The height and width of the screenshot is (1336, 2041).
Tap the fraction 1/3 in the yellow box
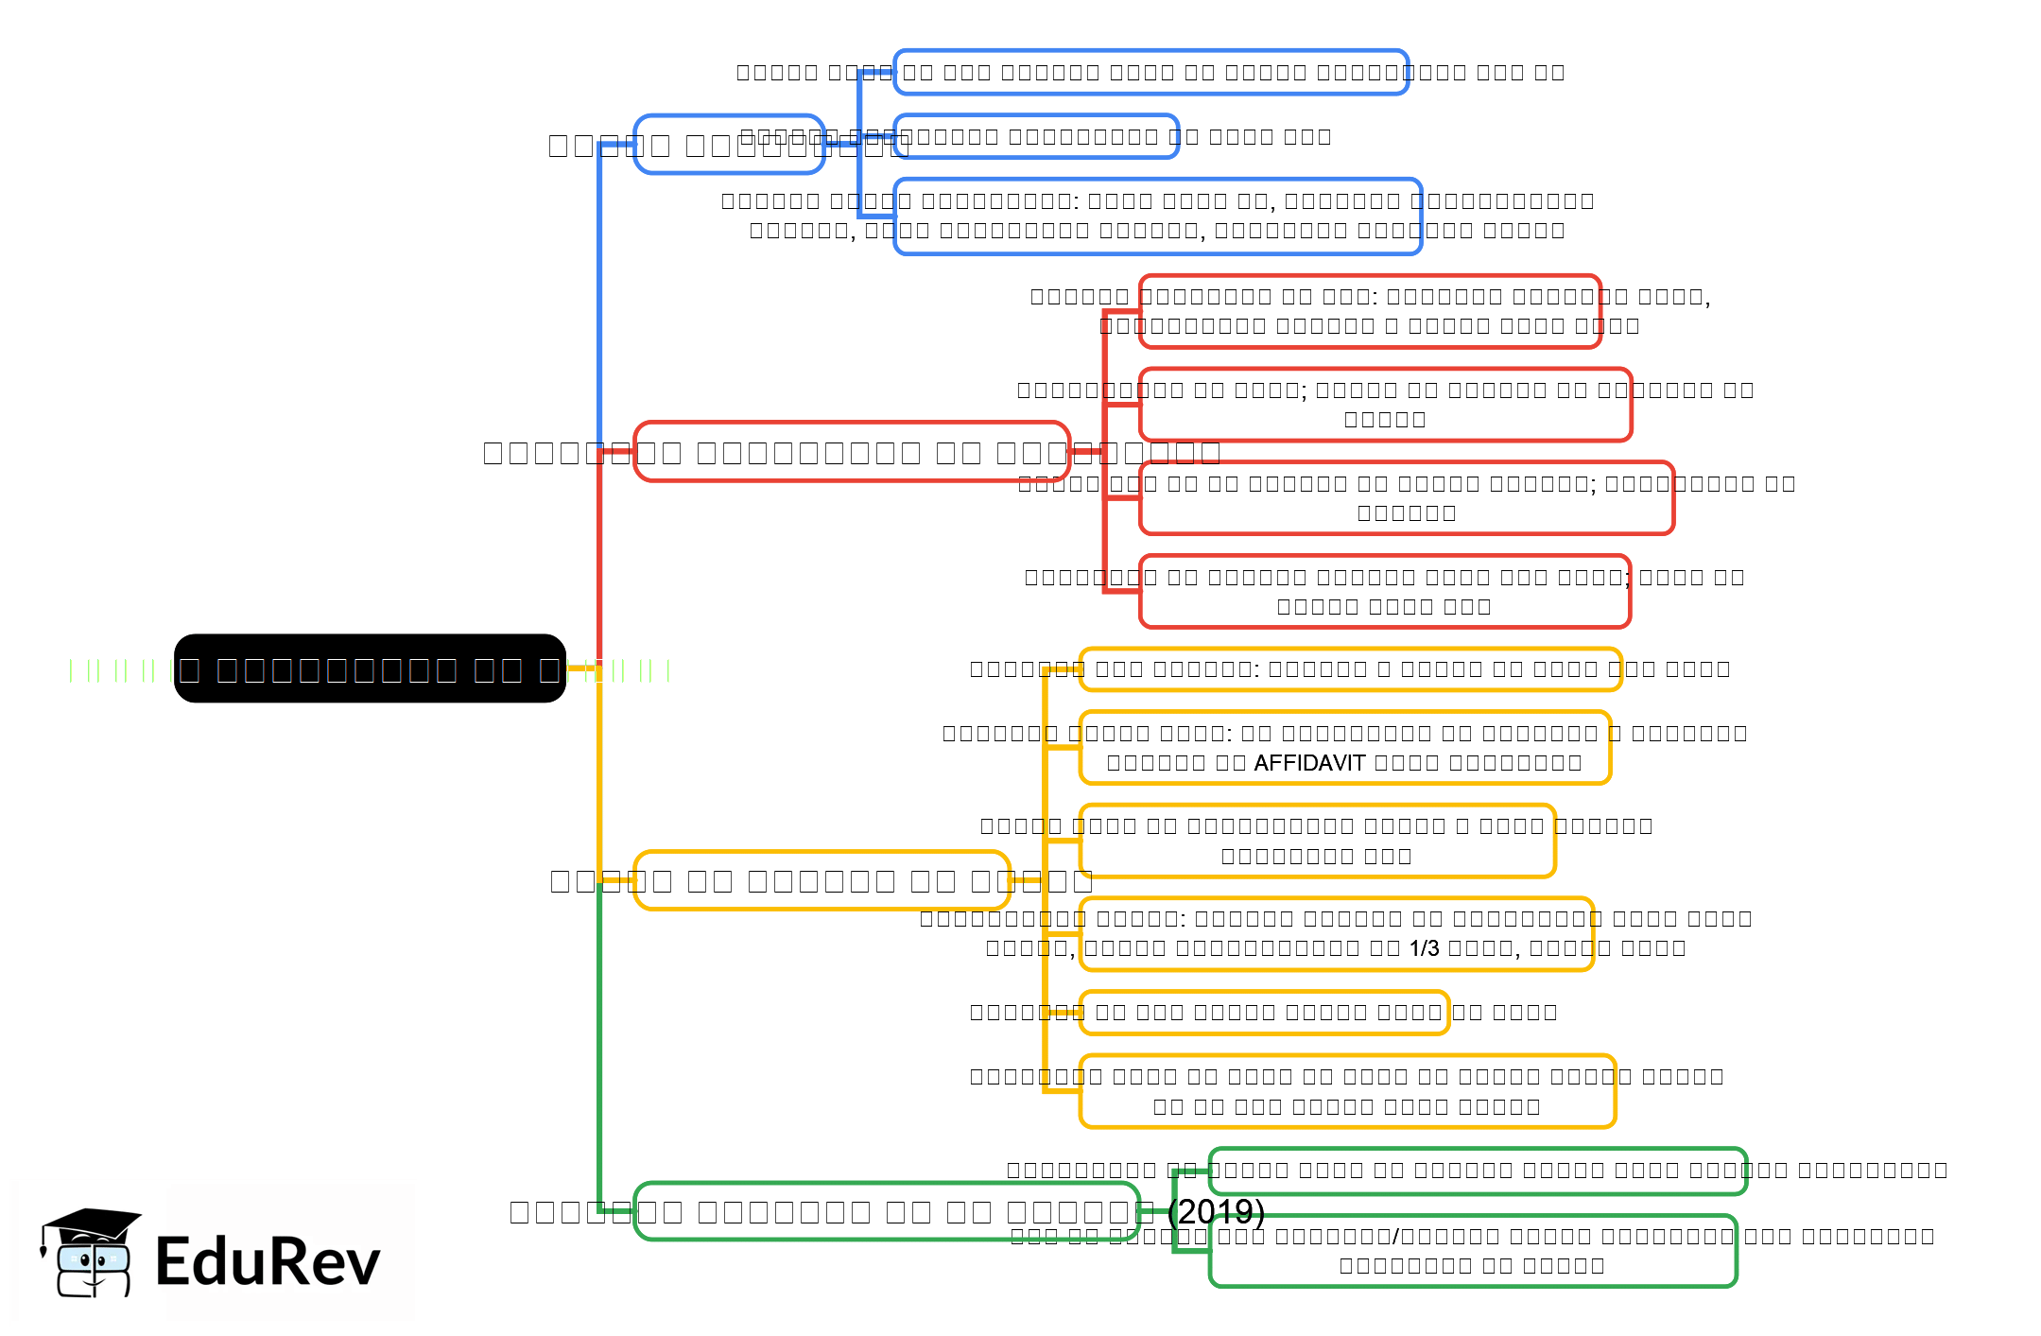1424,948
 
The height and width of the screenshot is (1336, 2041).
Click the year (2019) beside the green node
1217,1211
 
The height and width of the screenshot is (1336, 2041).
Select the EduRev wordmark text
268,1261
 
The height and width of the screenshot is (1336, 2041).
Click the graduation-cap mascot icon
91,1254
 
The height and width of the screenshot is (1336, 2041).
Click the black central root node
370,668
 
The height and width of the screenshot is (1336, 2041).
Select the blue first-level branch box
729,145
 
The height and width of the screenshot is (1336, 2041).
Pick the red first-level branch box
851,452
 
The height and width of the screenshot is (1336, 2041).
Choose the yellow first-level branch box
822,880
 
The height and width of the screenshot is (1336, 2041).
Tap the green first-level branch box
886,1211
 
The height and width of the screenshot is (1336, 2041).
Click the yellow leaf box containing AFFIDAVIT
1344,748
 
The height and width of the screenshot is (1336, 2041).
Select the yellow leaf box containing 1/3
1336,933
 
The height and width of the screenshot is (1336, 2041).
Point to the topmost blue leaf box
1150,72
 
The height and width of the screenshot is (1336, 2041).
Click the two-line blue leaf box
1157,216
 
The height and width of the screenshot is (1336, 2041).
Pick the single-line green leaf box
1477,1171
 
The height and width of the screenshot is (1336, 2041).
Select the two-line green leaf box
1472,1251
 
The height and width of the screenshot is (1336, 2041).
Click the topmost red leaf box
1369,311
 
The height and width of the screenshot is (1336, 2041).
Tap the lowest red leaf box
1384,591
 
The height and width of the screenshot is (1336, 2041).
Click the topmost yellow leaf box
1350,668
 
